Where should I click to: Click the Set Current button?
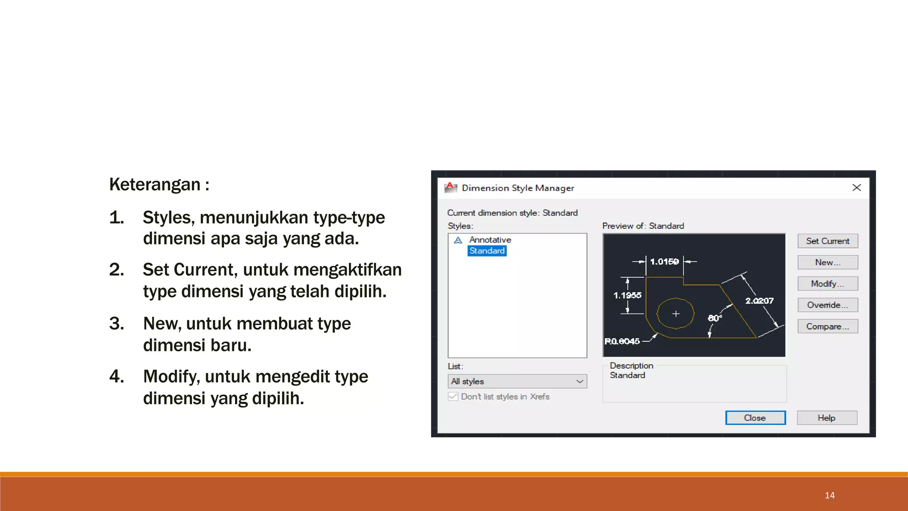pos(827,241)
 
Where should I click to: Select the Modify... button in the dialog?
pos(827,283)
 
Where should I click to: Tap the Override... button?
pos(827,305)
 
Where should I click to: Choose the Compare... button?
pos(827,326)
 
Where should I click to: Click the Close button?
pos(755,418)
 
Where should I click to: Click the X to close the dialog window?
pos(857,188)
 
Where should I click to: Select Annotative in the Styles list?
pos(490,240)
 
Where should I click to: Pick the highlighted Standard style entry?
pos(487,251)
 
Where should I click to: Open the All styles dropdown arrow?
pos(579,381)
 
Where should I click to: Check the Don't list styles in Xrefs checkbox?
pos(453,397)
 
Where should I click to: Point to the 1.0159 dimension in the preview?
pos(664,262)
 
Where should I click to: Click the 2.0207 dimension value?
pos(759,301)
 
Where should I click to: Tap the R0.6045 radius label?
pos(622,341)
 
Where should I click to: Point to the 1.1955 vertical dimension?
pos(627,295)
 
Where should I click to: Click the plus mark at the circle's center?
pos(676,314)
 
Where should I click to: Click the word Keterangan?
pos(155,185)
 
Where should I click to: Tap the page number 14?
pos(830,495)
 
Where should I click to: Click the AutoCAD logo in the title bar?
pos(450,188)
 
